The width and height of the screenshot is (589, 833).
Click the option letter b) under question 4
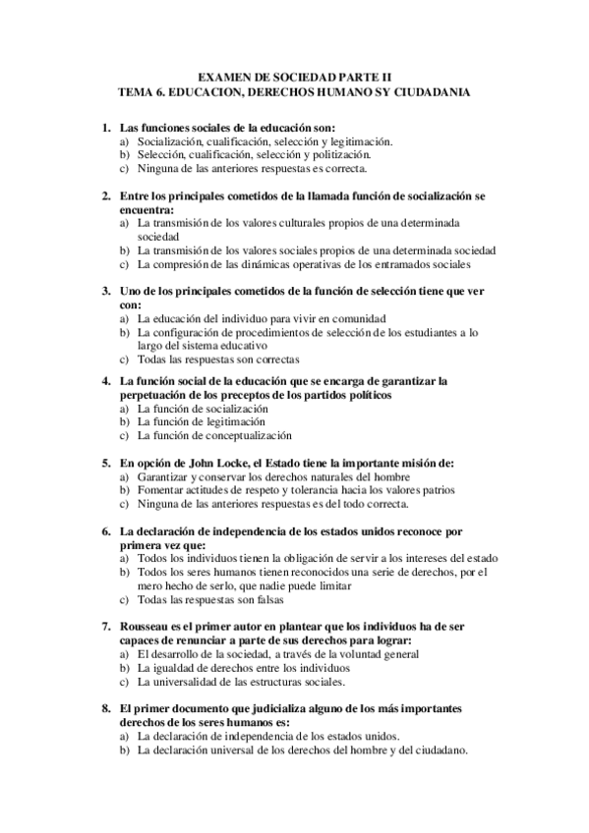(x=124, y=421)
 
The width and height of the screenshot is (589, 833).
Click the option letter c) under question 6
(x=124, y=599)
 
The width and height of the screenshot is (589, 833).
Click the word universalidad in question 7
(x=203, y=681)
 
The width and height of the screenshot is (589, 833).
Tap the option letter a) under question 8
(x=124, y=736)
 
